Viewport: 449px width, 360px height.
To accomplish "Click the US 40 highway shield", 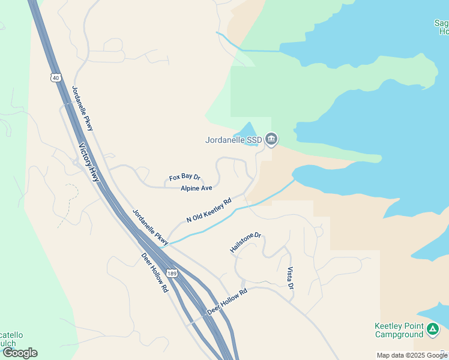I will [x=56, y=77].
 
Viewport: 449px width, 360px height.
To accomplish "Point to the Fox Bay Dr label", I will [x=184, y=178].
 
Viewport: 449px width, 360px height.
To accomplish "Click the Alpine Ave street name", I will [x=196, y=188].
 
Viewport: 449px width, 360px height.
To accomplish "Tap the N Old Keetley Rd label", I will [x=208, y=211].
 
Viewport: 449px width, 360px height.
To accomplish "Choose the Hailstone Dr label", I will [x=246, y=242].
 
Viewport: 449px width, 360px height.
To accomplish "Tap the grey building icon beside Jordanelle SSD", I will [x=271, y=140].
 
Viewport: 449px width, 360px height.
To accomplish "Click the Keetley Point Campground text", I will [x=399, y=331].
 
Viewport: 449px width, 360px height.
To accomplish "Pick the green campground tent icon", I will [x=433, y=329].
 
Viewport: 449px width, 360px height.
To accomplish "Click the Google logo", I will [x=20, y=353].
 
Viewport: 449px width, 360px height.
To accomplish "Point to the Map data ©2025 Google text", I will [x=412, y=355].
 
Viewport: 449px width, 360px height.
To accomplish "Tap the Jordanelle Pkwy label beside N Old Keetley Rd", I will [x=151, y=226].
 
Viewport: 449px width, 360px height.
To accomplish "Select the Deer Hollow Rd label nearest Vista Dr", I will [x=227, y=303].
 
